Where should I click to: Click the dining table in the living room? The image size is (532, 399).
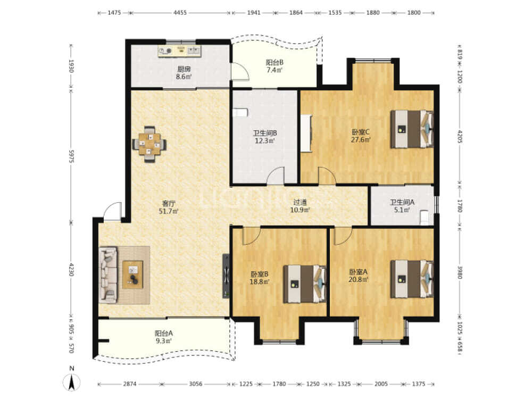click(x=149, y=144)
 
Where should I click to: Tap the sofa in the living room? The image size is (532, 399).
click(x=108, y=275)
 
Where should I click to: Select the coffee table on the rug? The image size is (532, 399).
click(x=132, y=275)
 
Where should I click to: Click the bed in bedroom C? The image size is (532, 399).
click(x=412, y=129)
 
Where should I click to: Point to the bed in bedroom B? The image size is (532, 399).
click(x=305, y=284)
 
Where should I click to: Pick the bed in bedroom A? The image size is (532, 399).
click(x=412, y=279)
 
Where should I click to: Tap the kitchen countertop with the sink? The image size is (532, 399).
click(x=180, y=51)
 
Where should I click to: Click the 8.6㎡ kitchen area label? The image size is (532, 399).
click(x=184, y=77)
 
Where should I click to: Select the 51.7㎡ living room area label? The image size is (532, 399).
click(x=169, y=211)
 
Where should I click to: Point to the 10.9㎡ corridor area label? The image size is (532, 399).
click(x=300, y=210)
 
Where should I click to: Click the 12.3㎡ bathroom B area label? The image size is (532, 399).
click(x=264, y=140)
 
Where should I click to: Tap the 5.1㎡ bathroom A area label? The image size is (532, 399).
click(x=402, y=210)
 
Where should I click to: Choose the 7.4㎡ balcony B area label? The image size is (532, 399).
click(x=274, y=70)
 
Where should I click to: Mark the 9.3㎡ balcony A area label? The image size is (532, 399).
click(x=163, y=340)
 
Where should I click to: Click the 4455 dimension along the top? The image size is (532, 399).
click(x=180, y=13)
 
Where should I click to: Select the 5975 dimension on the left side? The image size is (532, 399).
click(x=71, y=156)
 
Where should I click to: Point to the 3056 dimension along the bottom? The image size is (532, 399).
click(x=195, y=384)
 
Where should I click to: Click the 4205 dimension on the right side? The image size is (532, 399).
click(x=460, y=136)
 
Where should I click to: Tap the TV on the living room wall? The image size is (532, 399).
click(x=226, y=276)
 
